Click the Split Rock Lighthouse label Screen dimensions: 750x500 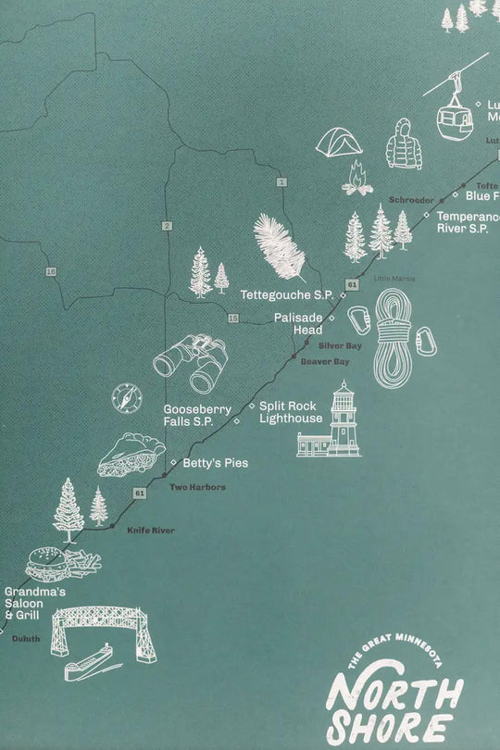[290, 411]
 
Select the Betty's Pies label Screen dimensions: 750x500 [215, 462]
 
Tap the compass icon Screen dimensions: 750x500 [127, 398]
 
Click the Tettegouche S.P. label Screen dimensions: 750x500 [286, 295]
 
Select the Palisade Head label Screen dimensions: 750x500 [298, 323]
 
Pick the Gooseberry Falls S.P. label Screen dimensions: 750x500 [190, 415]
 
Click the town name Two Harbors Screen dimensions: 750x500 [196, 487]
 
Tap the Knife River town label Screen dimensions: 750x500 [150, 530]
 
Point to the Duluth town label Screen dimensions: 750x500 [24, 639]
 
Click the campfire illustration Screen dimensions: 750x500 [357, 179]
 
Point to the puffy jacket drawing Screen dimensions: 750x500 [404, 144]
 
